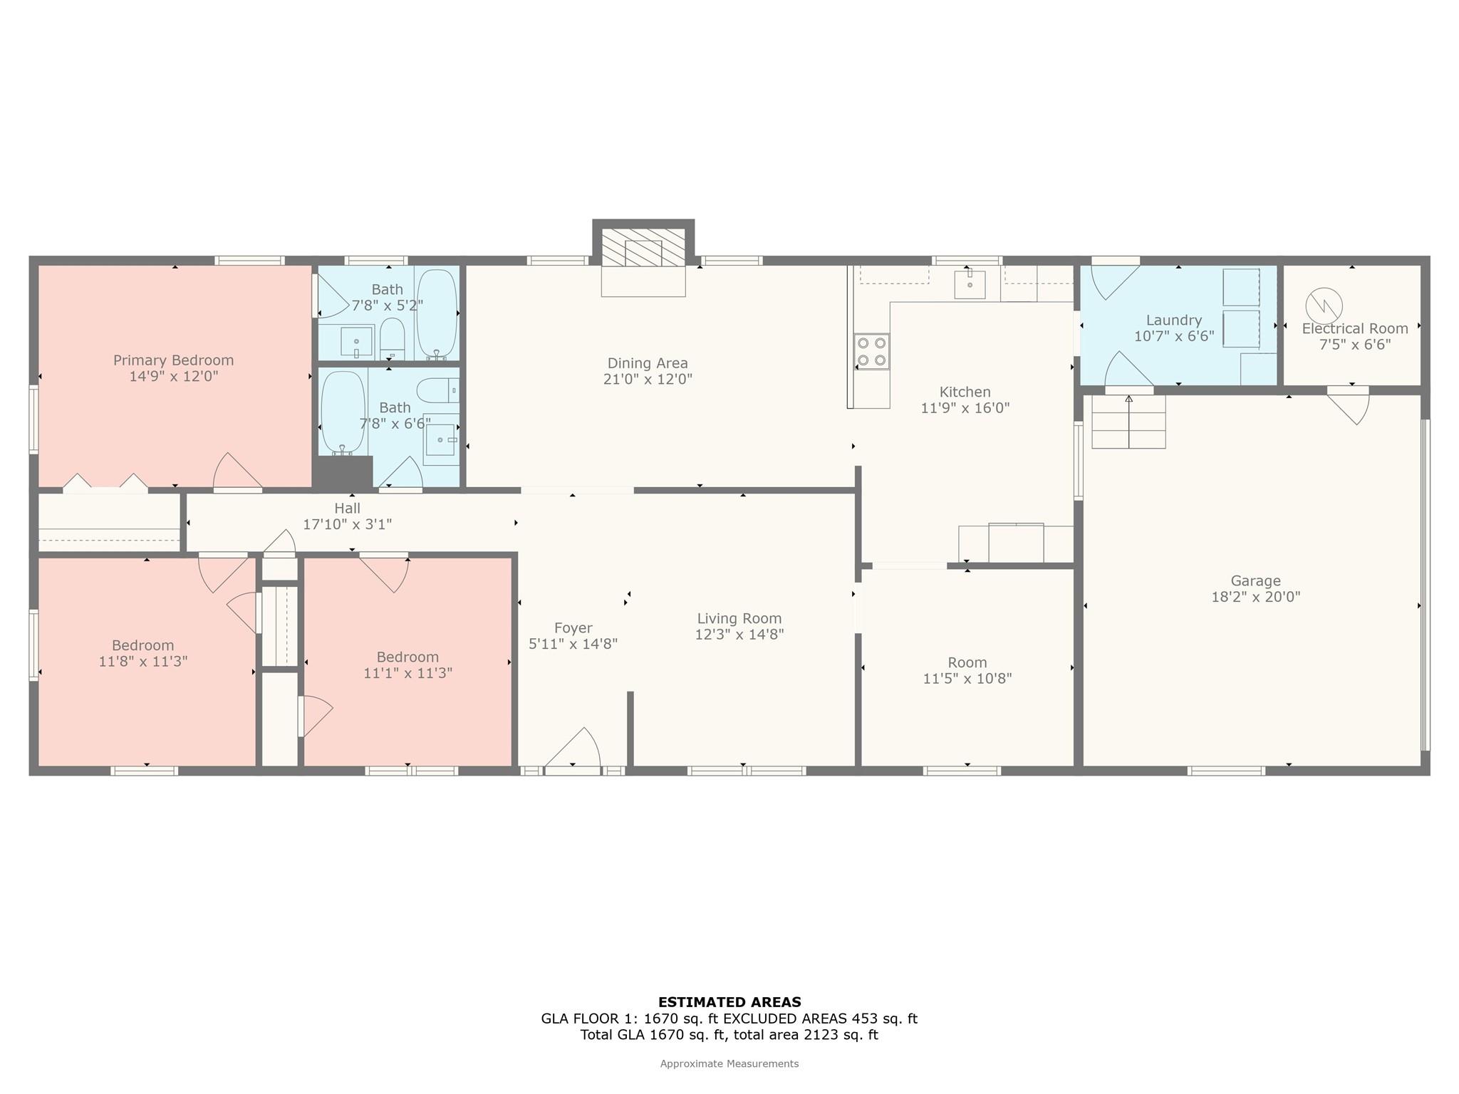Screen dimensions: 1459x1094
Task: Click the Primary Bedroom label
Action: tap(173, 360)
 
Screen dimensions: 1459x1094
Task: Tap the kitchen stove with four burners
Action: tap(872, 352)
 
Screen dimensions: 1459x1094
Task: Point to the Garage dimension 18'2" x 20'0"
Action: tap(1256, 597)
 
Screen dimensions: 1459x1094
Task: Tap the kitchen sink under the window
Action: tap(970, 284)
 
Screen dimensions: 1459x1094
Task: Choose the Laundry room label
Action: tap(1174, 321)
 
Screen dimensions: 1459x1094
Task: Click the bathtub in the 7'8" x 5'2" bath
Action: tap(437, 314)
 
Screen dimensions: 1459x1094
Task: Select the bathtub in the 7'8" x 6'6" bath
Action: tap(343, 413)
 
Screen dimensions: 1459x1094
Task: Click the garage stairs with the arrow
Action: tap(1128, 422)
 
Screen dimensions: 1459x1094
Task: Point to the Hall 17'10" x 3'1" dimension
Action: tap(348, 525)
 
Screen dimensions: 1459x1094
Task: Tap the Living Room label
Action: tap(739, 619)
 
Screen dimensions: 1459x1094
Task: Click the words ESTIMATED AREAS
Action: tap(729, 1002)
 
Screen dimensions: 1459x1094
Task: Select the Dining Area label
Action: tap(648, 363)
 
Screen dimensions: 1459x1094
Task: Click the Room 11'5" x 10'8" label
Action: tap(967, 670)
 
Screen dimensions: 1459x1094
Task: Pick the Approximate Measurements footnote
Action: tap(729, 1064)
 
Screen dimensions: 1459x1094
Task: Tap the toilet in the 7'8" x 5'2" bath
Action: tap(392, 338)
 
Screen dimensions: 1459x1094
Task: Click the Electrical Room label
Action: tap(1355, 329)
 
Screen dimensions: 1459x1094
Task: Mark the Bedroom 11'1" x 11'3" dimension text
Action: tap(408, 673)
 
